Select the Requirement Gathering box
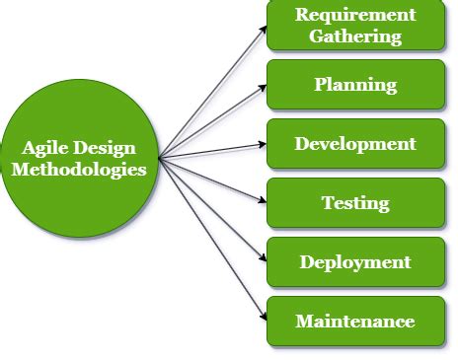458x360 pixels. [355, 26]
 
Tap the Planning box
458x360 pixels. [355, 85]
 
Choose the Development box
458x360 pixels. [355, 144]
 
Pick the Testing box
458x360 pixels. [355, 204]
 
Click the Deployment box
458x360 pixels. [355, 262]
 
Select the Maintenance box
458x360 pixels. [355, 322]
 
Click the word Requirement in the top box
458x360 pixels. [355, 15]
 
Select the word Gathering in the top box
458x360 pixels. [355, 36]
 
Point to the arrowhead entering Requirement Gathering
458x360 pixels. [263, 27]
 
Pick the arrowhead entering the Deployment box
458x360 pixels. [263, 258]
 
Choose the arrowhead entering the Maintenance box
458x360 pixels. [263, 317]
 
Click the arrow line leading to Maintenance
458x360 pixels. [212, 238]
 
